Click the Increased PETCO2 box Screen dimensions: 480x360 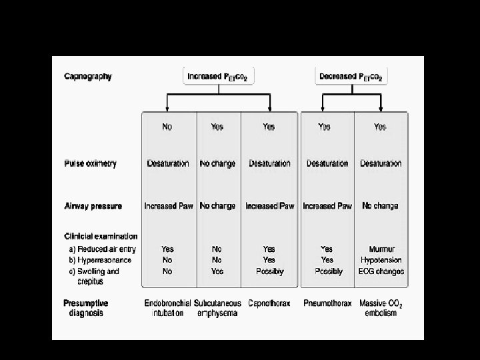click(218, 77)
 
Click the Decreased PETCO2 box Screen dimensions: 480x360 click(351, 77)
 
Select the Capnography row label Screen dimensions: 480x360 click(88, 77)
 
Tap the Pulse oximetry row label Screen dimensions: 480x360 click(90, 163)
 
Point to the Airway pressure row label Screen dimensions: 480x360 click(93, 206)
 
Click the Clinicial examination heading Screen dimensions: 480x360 click(101, 236)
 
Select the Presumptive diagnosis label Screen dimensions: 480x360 click(86, 308)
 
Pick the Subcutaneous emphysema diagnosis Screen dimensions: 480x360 click(218, 308)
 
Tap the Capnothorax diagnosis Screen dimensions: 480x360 click(269, 304)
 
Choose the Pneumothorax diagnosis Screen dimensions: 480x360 click(327, 304)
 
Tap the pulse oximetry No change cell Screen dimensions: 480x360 click(217, 163)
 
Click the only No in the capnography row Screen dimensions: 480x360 click(167, 127)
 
